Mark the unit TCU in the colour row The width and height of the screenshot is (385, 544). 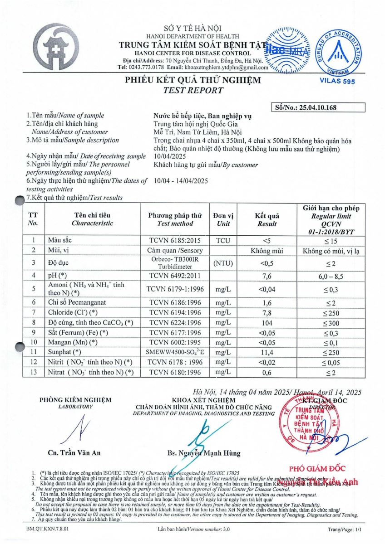click(224, 240)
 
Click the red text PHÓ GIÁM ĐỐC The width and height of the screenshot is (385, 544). click(317, 468)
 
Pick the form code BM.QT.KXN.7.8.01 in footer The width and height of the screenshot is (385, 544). click(45, 529)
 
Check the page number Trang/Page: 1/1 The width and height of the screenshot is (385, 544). click(343, 529)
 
